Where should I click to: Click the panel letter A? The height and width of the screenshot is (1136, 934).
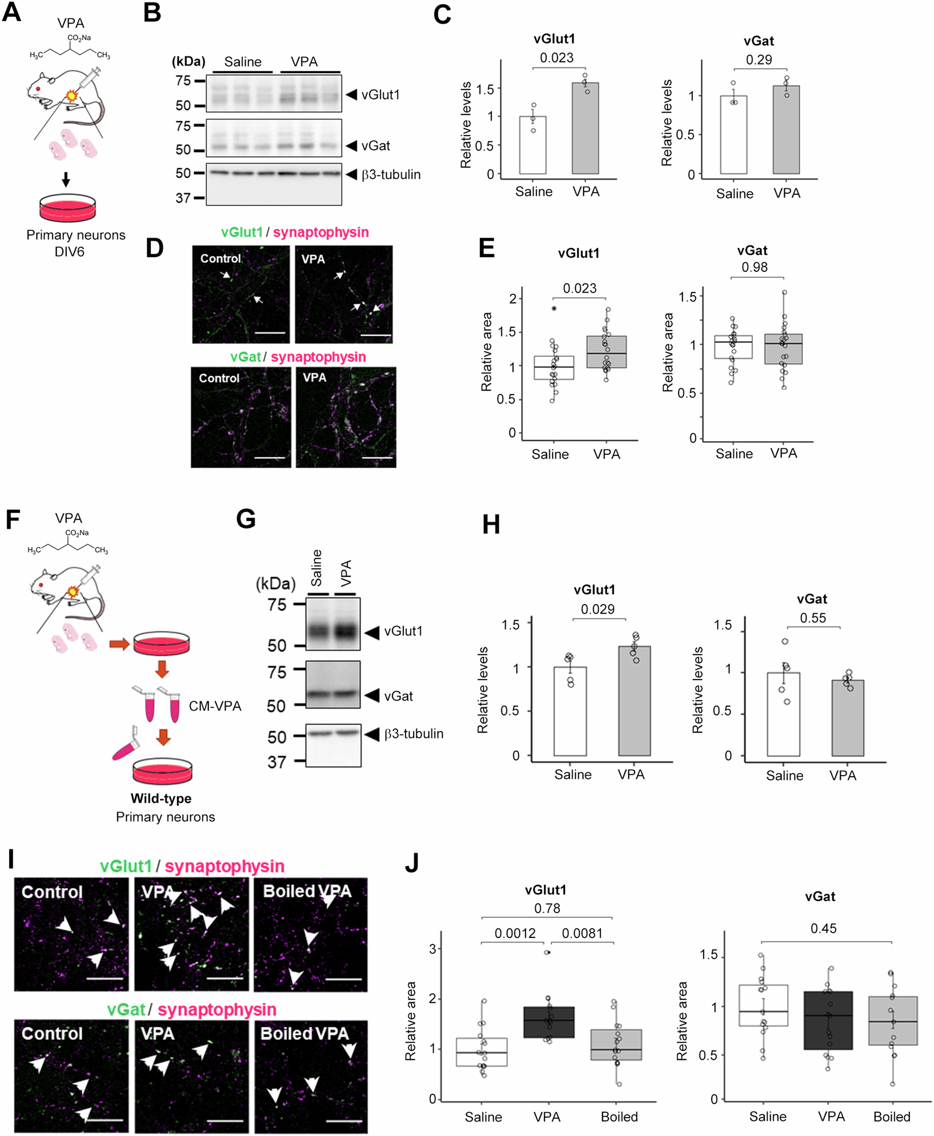coord(12,12)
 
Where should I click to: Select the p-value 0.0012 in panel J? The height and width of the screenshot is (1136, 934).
coord(515,933)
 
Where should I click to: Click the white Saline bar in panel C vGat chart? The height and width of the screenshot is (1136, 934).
coord(733,134)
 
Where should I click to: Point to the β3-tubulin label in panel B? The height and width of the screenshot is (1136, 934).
coord(391,174)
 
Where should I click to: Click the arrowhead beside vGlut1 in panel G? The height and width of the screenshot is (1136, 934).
coord(372,632)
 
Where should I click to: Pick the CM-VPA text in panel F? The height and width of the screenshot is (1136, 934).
coord(215,706)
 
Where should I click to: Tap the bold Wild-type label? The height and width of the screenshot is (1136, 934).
coord(161,798)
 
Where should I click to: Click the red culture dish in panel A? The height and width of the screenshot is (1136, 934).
coord(68,208)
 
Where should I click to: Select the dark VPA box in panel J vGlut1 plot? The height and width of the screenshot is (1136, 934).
coord(548,1022)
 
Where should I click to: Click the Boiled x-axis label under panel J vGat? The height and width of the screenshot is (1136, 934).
coord(891,1116)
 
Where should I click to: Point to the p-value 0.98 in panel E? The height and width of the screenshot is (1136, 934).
coord(754,267)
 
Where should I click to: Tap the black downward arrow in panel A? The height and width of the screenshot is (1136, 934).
coord(66,179)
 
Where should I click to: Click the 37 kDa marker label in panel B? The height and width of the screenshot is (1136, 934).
coord(183,198)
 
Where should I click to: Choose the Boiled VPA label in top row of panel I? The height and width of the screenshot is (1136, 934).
coord(306,891)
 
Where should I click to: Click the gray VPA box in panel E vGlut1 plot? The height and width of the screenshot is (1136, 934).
coord(606,352)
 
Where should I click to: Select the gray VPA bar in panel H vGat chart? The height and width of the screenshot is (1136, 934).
coord(847,718)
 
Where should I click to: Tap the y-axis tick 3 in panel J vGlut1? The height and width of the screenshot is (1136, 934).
coord(433,948)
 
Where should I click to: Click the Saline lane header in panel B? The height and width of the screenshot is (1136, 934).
coord(243,62)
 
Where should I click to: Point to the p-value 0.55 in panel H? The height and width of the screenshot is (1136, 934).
coord(812,617)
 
